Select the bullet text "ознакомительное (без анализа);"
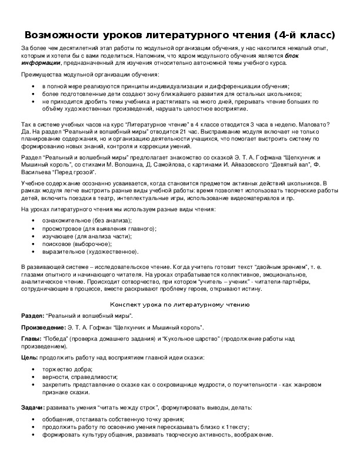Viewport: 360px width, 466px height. (x=86, y=220)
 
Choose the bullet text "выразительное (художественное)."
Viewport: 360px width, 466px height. (x=90, y=252)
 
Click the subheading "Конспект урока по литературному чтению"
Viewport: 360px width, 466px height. (x=180, y=305)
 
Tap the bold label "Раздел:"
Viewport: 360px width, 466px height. (x=32, y=316)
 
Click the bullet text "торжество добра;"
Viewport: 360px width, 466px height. (x=66, y=369)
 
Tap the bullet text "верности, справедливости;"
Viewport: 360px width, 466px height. (x=79, y=377)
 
